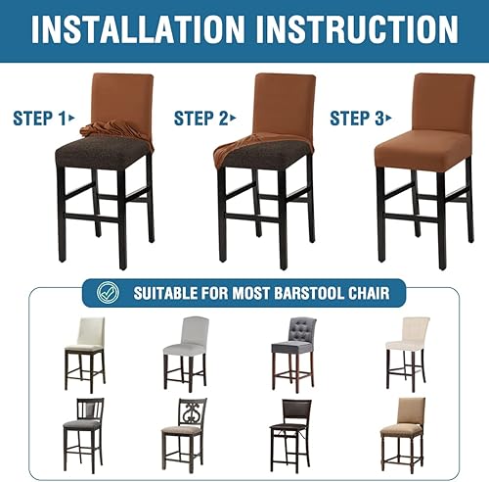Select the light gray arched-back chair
click(x=186, y=348)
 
